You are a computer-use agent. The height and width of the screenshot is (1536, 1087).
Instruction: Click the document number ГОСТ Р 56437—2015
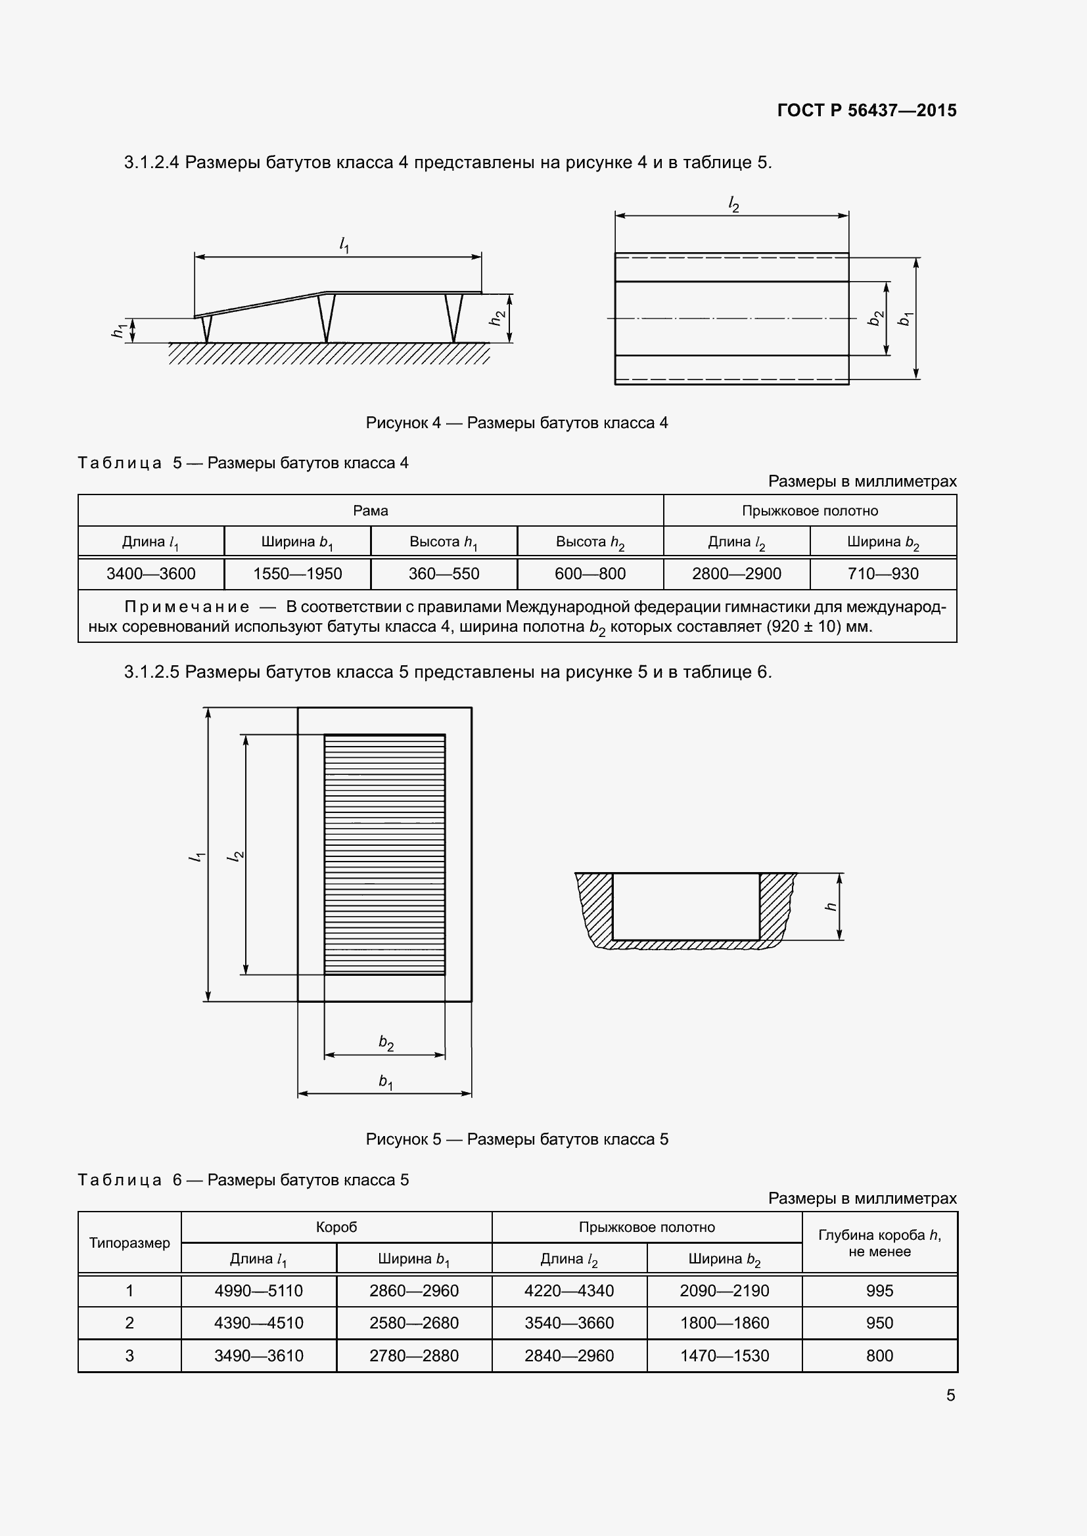pyautogui.click(x=866, y=110)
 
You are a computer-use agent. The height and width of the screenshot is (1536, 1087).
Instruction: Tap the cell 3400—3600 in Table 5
pyautogui.click(x=150, y=573)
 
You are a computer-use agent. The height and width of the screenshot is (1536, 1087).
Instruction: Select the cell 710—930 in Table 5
pyautogui.click(x=883, y=573)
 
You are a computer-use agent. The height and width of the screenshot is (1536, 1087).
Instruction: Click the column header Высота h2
pyautogui.click(x=590, y=542)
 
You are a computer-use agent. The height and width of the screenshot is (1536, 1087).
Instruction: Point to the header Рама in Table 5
pyautogui.click(x=370, y=510)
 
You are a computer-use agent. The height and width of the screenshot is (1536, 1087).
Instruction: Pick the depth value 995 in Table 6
pyautogui.click(x=879, y=1290)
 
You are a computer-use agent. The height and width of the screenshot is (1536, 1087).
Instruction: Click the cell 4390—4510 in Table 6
pyautogui.click(x=258, y=1323)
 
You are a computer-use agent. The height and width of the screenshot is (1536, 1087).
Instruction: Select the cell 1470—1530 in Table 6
pyautogui.click(x=724, y=1355)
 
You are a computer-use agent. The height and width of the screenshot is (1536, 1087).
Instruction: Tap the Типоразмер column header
pyautogui.click(x=129, y=1242)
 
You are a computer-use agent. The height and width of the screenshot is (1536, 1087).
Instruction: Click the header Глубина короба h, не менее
pyautogui.click(x=879, y=1242)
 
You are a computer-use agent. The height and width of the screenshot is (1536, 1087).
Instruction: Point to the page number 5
pyautogui.click(x=950, y=1395)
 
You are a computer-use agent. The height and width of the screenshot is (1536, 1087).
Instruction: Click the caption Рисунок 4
pyautogui.click(x=516, y=423)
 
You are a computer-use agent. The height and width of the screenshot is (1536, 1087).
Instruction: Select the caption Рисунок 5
pyautogui.click(x=516, y=1139)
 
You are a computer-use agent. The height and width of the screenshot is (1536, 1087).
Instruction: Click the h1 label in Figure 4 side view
pyautogui.click(x=119, y=330)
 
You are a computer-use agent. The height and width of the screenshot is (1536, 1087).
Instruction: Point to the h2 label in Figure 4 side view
pyautogui.click(x=497, y=318)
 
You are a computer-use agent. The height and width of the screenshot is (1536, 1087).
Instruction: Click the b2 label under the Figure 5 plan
pyautogui.click(x=386, y=1042)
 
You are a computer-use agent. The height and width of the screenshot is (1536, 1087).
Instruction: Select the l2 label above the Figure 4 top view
pyautogui.click(x=733, y=205)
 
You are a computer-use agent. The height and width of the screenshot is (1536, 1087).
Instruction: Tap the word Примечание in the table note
pyautogui.click(x=187, y=607)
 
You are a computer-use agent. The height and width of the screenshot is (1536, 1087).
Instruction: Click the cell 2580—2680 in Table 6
pyautogui.click(x=413, y=1323)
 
